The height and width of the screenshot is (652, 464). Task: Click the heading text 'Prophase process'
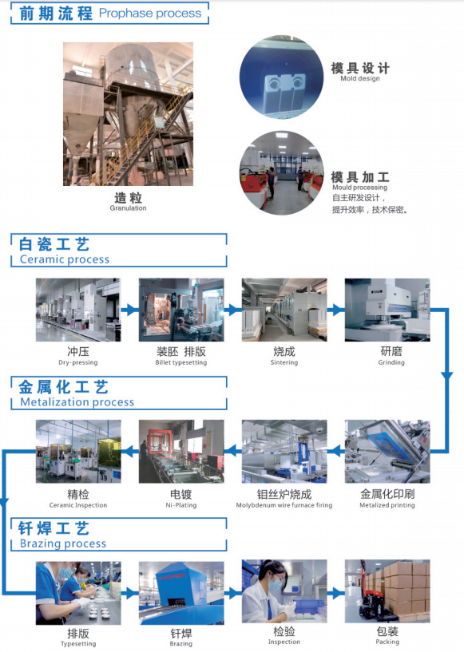click(x=150, y=14)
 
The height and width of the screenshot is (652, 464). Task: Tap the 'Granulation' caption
click(x=128, y=208)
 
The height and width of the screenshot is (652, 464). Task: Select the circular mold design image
click(x=281, y=77)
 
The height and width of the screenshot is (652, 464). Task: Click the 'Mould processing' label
click(x=359, y=187)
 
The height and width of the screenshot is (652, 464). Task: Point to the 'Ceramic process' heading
click(x=65, y=259)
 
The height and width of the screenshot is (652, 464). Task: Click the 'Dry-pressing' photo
click(x=78, y=310)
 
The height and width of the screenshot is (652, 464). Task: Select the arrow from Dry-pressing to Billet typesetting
click(x=130, y=310)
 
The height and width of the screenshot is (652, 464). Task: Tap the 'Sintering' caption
click(x=284, y=362)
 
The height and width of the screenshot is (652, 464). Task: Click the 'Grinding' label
click(x=391, y=362)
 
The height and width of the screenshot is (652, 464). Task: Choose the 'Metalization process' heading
click(x=77, y=402)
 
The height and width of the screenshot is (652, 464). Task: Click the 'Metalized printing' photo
click(x=387, y=452)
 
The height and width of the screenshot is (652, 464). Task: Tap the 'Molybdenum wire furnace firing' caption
click(x=284, y=505)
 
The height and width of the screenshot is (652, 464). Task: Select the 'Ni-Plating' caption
click(x=181, y=505)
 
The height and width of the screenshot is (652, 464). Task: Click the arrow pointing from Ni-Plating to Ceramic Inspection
click(x=130, y=451)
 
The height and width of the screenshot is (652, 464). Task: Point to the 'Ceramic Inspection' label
click(x=78, y=505)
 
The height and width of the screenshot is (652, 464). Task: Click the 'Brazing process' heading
click(x=63, y=543)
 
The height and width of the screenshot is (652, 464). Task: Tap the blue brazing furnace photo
click(x=181, y=593)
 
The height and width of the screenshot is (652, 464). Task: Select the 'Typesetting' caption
click(x=78, y=644)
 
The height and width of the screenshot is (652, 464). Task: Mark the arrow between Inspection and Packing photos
click(x=336, y=593)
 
